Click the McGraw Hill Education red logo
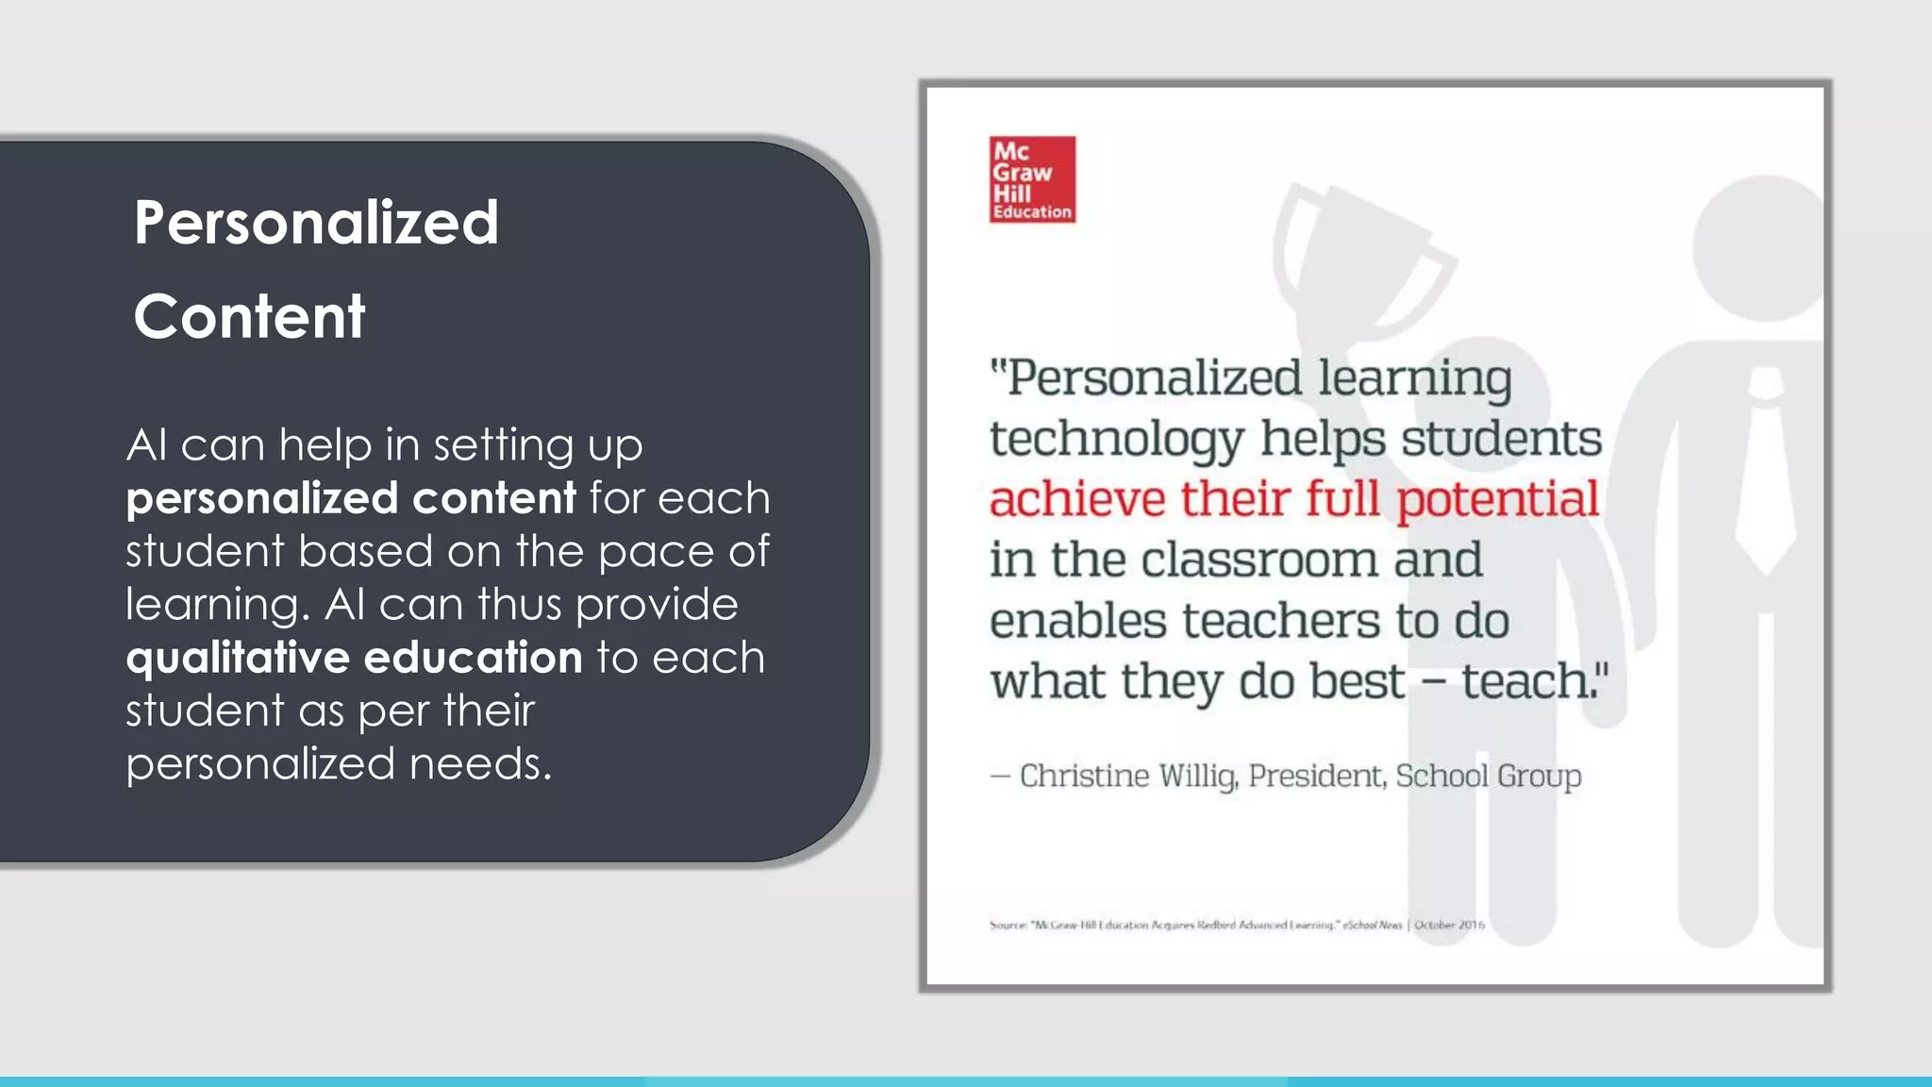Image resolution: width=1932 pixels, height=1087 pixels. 1032,179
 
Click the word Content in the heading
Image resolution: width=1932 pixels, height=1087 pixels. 249,316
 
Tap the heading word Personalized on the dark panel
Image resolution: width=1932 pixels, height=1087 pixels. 316,223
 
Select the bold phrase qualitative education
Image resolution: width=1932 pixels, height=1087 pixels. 355,658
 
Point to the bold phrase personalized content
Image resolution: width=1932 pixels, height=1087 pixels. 351,498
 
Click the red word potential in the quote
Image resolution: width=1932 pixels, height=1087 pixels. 1497,500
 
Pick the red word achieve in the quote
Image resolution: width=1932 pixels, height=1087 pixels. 1076,498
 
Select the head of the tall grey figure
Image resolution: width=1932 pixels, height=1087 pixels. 1757,247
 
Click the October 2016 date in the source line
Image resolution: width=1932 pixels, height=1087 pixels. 1449,925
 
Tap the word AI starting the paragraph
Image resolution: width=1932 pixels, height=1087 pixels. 146,445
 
